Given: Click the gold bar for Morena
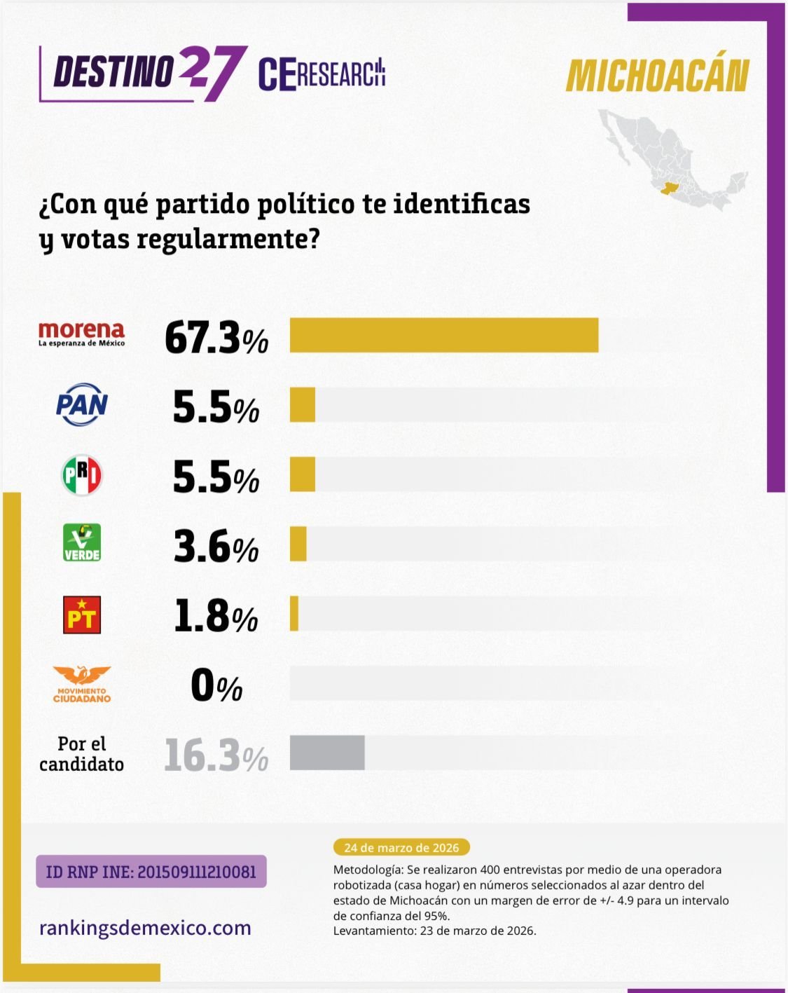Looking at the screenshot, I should [444, 335].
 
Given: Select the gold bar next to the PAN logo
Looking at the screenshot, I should [303, 405].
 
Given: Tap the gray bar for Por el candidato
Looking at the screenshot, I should [327, 753].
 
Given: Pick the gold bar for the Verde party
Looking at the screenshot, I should [298, 544].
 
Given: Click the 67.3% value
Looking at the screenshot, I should [216, 337].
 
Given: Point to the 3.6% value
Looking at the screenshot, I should [216, 547].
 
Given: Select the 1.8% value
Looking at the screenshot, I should [216, 616].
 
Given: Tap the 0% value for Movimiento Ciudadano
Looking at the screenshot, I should [216, 685].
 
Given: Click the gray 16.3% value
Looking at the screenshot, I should [216, 755].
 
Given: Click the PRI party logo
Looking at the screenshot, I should [82, 475].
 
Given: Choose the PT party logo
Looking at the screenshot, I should [82, 615].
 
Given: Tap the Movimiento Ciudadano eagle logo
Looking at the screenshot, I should [82, 684].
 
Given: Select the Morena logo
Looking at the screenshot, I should [82, 334].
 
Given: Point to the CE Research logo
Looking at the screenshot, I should [322, 73].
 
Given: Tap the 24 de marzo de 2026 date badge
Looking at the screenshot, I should [401, 847].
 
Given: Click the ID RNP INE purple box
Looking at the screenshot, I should [151, 872].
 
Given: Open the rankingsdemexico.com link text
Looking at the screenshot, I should [145, 928].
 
